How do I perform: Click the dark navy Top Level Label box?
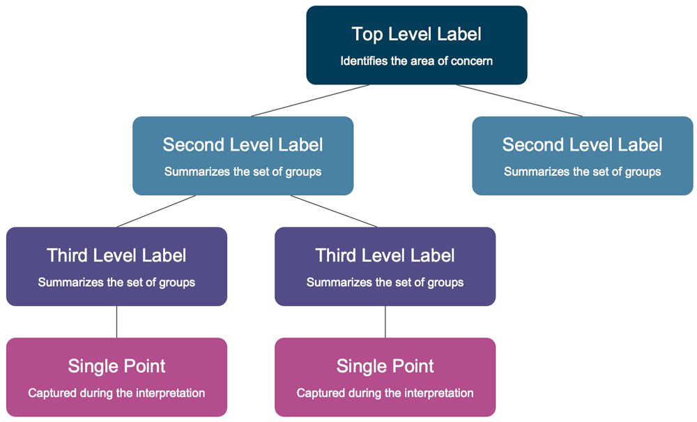(x=416, y=46)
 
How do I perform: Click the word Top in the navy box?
(x=367, y=33)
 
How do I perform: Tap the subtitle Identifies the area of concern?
(x=416, y=61)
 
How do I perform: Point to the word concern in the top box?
(x=472, y=61)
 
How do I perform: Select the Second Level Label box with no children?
(x=582, y=156)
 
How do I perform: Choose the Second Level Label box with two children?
(x=243, y=156)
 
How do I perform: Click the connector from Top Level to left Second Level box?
(x=310, y=100)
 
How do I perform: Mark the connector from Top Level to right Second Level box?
(x=519, y=100)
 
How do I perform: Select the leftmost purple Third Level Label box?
(x=116, y=266)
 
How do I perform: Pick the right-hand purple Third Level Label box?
(x=385, y=266)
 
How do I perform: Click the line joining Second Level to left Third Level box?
(x=157, y=211)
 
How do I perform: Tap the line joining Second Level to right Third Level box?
(x=335, y=211)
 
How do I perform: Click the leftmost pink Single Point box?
(x=116, y=377)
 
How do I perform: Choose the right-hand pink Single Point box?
(x=385, y=377)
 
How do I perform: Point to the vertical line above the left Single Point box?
(x=116, y=322)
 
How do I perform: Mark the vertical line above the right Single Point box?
(x=385, y=322)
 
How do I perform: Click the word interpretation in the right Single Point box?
(x=439, y=393)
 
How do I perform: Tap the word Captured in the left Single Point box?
(x=50, y=393)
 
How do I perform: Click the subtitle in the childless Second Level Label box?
(x=582, y=172)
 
